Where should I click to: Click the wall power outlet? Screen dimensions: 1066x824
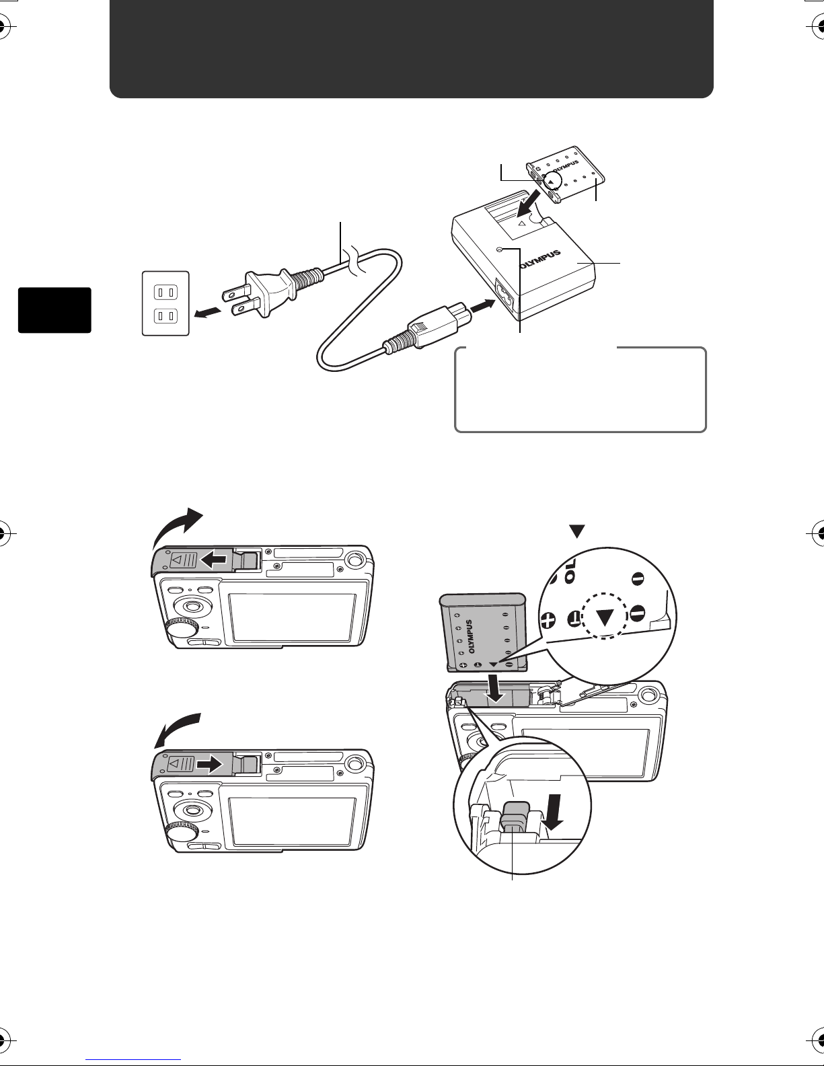(x=165, y=303)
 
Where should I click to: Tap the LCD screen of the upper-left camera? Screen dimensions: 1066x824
(x=293, y=617)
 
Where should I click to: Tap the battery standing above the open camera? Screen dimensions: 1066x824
(x=482, y=632)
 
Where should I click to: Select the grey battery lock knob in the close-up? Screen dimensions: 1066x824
(x=516, y=815)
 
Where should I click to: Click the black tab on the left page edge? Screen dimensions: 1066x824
(x=54, y=309)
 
